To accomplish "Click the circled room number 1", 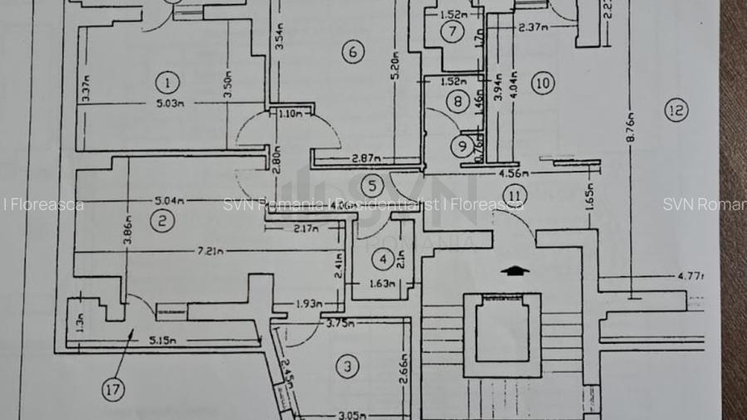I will point(168,82).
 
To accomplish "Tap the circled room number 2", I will point(163,220).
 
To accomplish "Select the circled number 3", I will point(349,366).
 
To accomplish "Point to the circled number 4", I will point(383,260).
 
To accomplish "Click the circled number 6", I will point(353,51).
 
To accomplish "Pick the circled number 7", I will point(452,32).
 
